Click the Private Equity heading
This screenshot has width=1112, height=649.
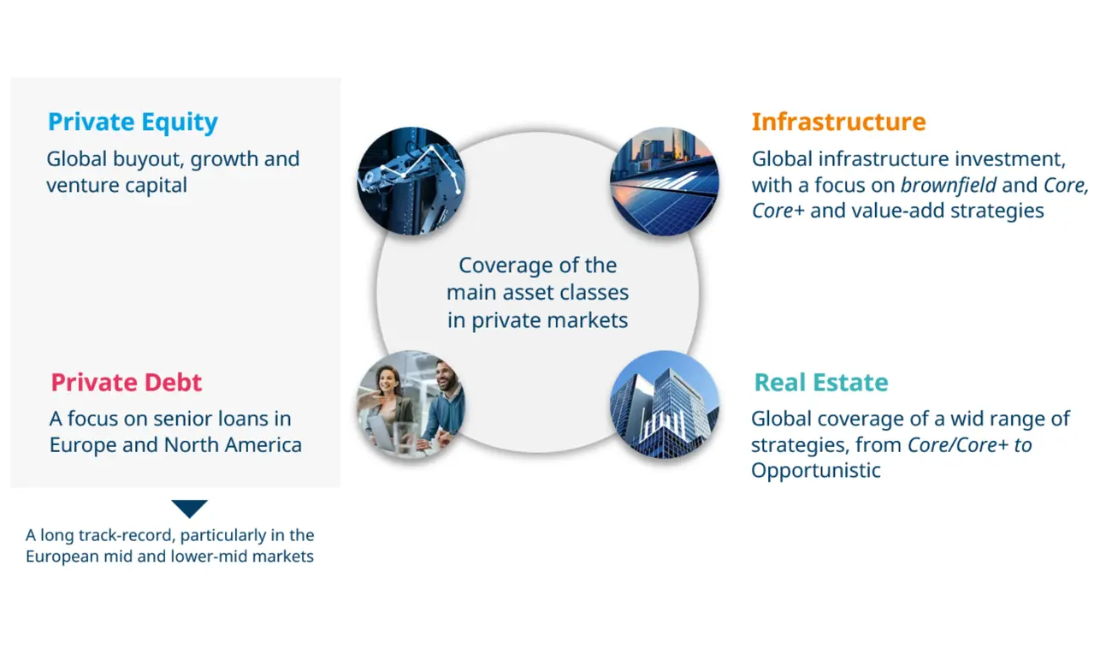[133, 122]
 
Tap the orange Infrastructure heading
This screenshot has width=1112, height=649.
[838, 122]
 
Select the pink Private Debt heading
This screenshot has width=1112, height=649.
[126, 382]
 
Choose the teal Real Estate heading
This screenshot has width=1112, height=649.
[821, 382]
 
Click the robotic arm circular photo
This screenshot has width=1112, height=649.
[411, 181]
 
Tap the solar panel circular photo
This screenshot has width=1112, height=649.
[665, 181]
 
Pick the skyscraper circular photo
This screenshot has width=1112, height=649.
[665, 404]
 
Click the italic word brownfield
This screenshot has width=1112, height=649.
[948, 185]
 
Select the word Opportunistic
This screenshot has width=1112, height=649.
[816, 471]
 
